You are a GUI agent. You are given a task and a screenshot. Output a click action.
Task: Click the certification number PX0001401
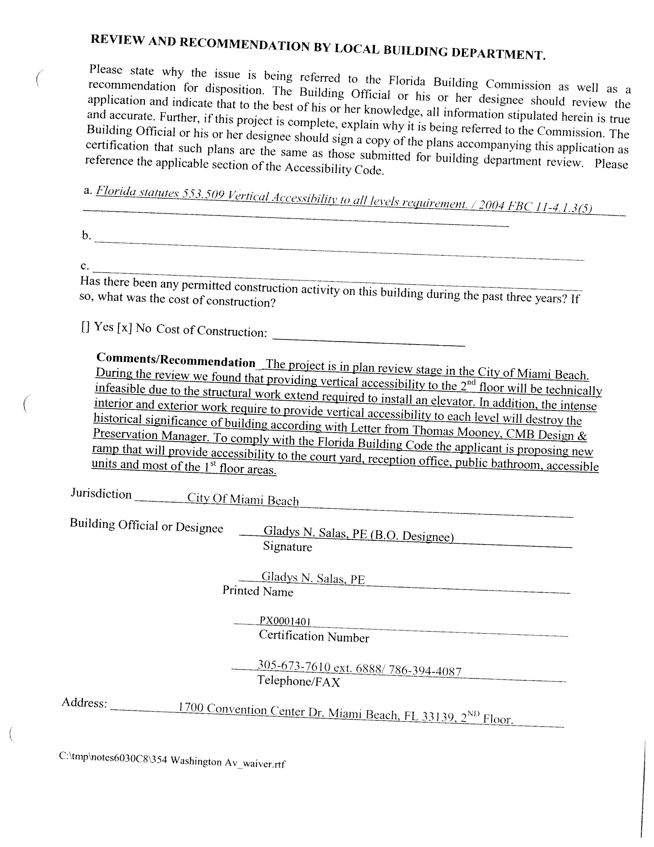coord(285,621)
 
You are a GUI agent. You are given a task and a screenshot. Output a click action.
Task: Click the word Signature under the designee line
coord(287,546)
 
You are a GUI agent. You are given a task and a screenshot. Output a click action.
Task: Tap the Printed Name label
coord(258,591)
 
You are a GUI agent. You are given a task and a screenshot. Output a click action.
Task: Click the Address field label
coord(84,702)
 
